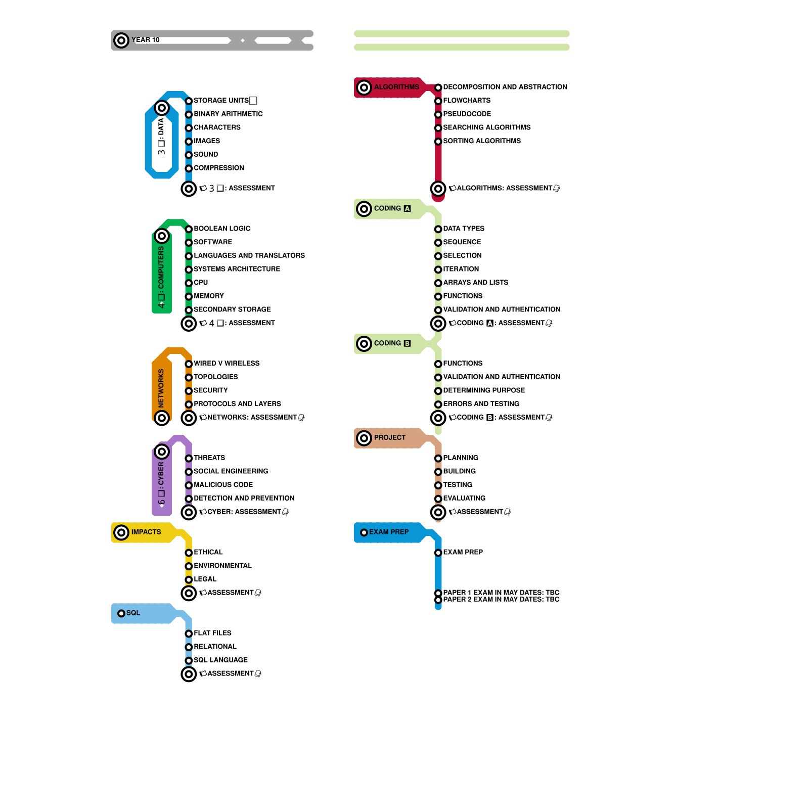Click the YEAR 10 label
coord(146,40)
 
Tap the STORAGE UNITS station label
coord(221,101)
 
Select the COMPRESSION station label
coord(219,168)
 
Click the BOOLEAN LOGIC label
coord(222,229)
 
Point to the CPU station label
coord(201,283)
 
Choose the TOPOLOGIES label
coord(216,377)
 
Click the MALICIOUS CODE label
coord(223,485)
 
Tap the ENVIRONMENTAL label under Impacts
coord(222,566)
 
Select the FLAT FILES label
coord(212,633)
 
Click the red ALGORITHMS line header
coord(396,87)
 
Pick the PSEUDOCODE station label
coord(467,114)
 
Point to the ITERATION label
coord(461,269)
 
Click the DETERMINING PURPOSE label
coord(484,390)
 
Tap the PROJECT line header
coord(390,437)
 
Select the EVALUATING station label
coord(464,498)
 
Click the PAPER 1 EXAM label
coord(501,592)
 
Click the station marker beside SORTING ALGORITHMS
coord(438,142)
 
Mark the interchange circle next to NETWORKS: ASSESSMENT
coord(189,418)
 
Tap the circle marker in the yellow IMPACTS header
coord(121,532)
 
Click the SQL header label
coord(133,613)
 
